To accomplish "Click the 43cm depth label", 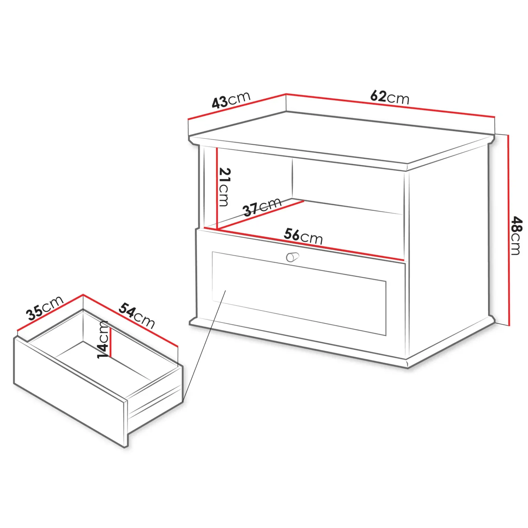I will (231, 100).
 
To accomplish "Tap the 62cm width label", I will (389, 97).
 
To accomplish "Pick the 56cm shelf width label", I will (303, 236).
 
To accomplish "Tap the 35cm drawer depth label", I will (45, 308).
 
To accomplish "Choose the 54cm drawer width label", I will (137, 315).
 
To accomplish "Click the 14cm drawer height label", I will (103, 340).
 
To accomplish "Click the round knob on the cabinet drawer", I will (292, 257).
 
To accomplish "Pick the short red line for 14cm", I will (111, 342).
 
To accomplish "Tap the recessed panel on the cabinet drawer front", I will (299, 294).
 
